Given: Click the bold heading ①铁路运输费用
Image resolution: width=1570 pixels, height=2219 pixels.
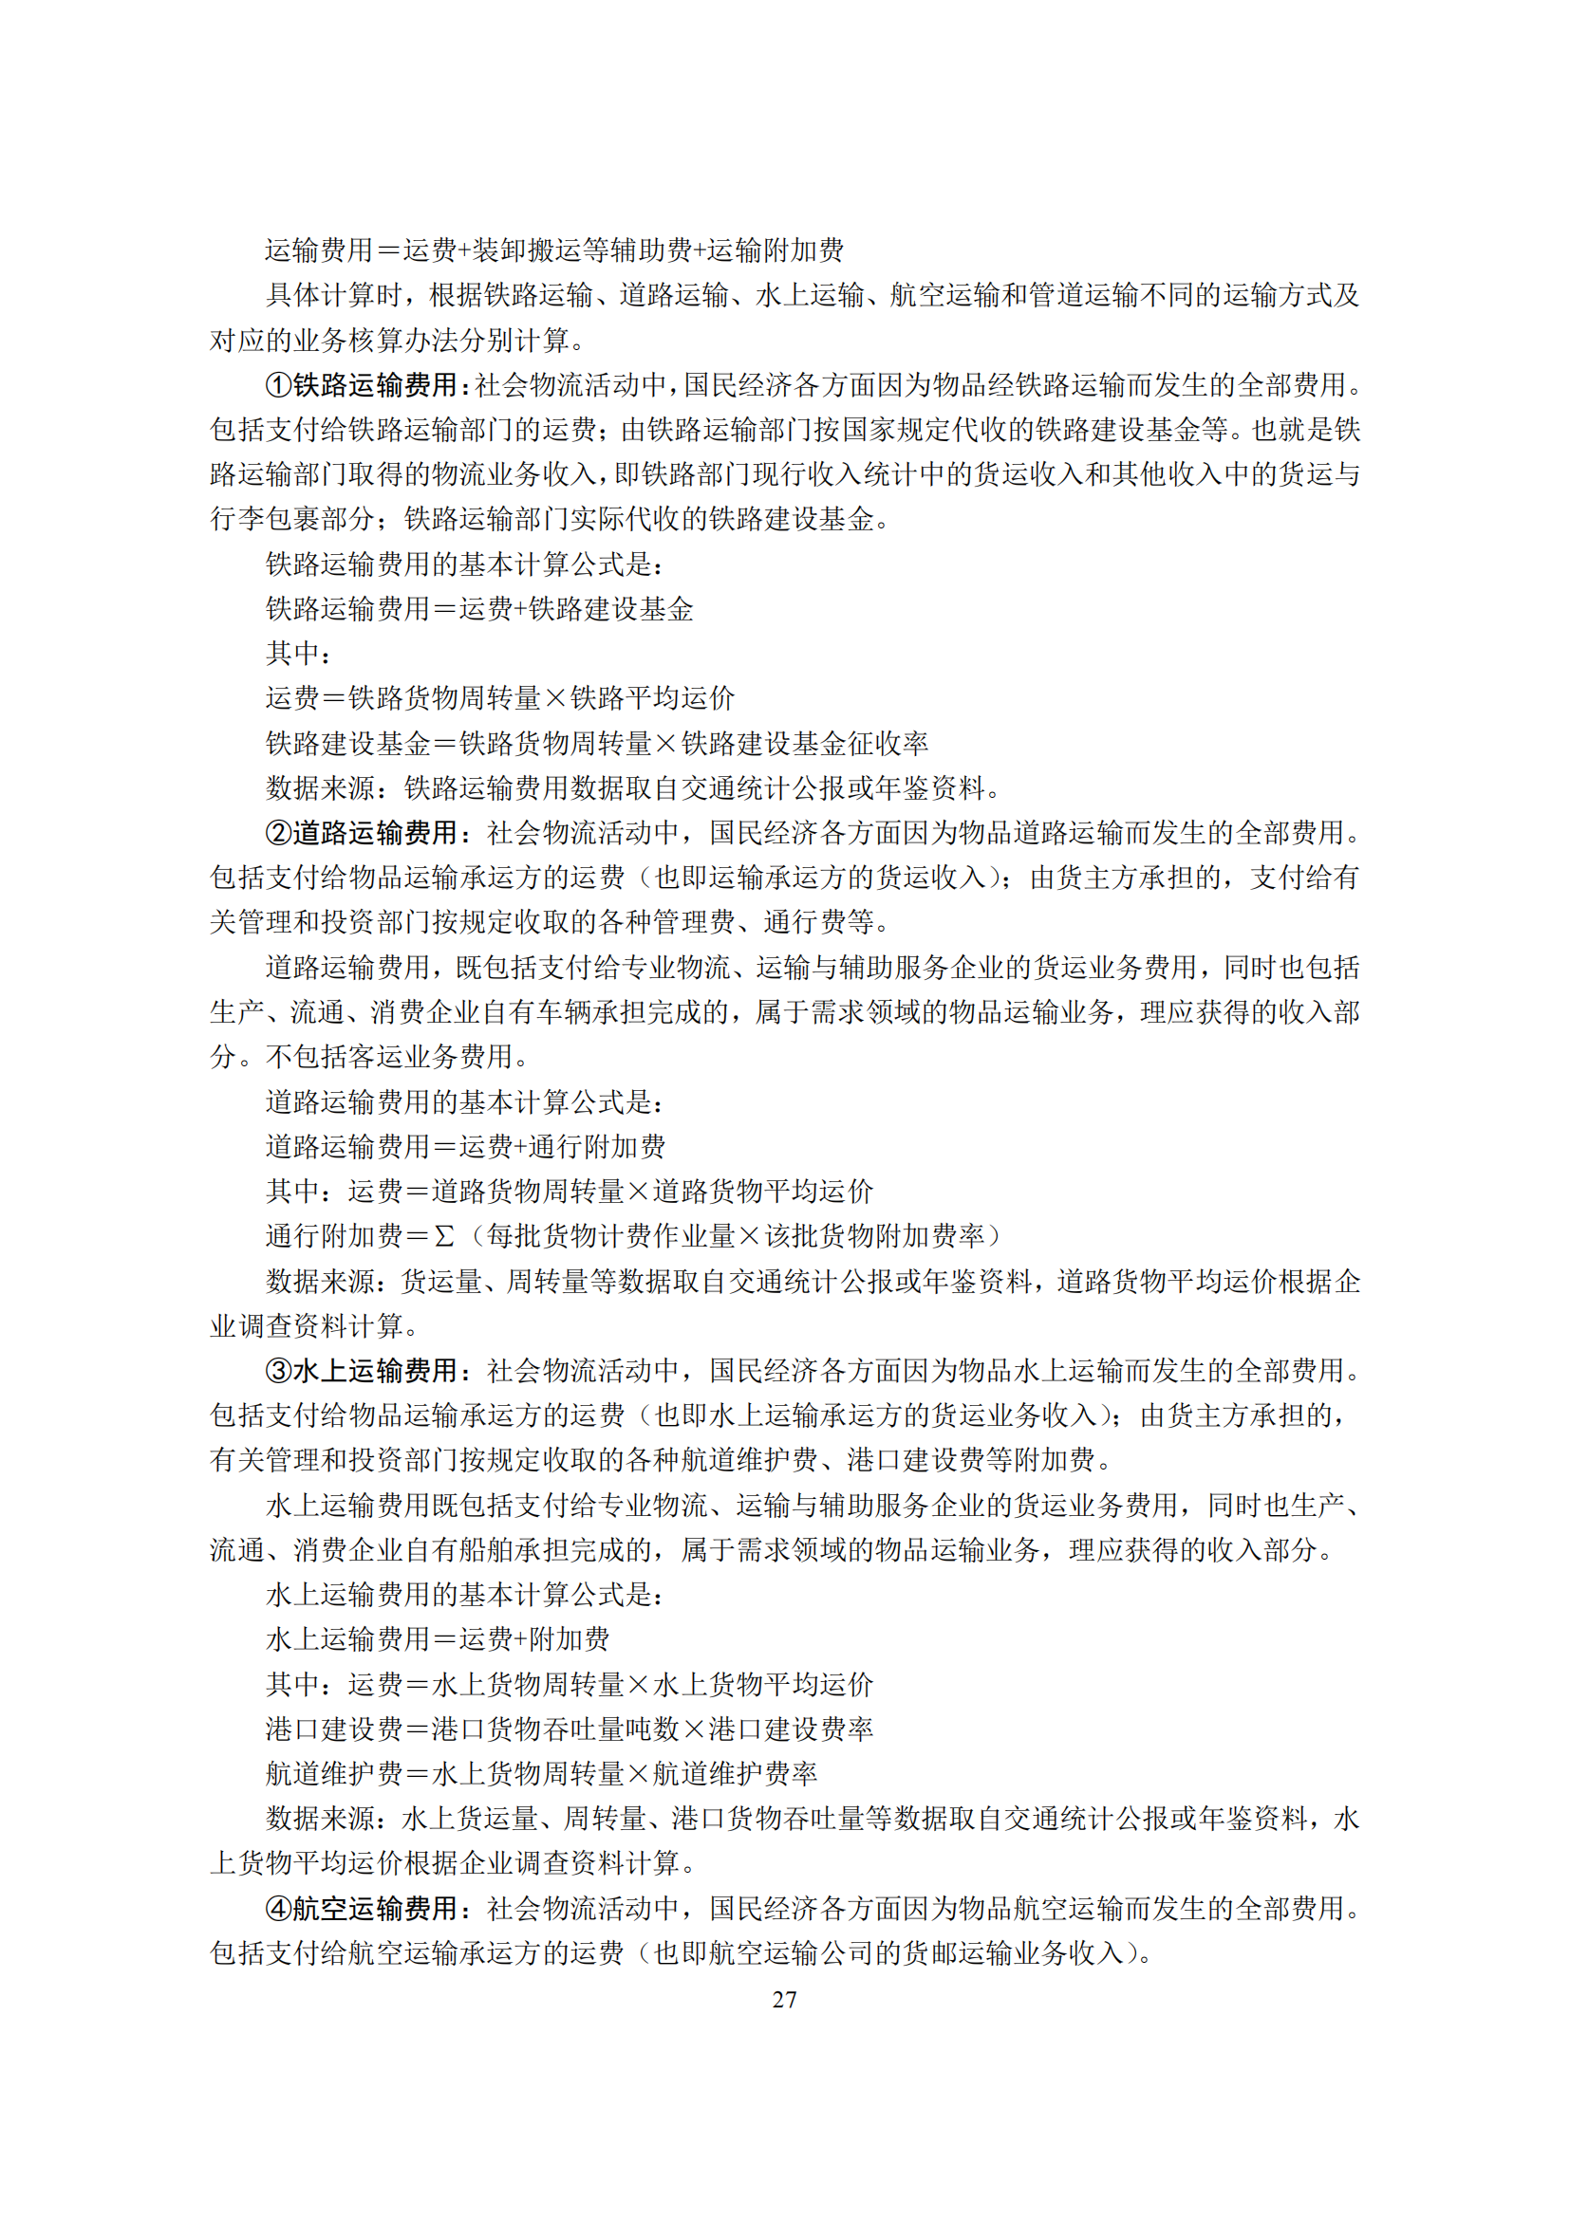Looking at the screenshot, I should (x=361, y=384).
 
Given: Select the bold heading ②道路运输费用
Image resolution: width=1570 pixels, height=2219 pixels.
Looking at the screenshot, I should (x=361, y=832).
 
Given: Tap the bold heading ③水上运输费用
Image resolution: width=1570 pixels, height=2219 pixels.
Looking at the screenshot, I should (x=361, y=1371).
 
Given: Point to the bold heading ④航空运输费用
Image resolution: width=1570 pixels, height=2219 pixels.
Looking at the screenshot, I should (x=361, y=1908).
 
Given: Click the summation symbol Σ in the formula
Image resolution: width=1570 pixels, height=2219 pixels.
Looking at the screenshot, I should (x=443, y=1236).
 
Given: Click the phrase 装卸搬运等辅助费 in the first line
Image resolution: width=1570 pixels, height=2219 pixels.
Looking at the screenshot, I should (x=582, y=250).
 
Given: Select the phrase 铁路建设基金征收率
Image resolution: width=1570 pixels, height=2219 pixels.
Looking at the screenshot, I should (x=805, y=743).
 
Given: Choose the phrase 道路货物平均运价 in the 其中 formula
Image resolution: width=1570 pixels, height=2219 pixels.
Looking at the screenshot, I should (x=763, y=1191).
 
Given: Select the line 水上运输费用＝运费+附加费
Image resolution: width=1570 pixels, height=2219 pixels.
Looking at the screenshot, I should (x=438, y=1639).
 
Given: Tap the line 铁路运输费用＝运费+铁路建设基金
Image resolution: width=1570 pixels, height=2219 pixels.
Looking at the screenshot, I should (x=479, y=609).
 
